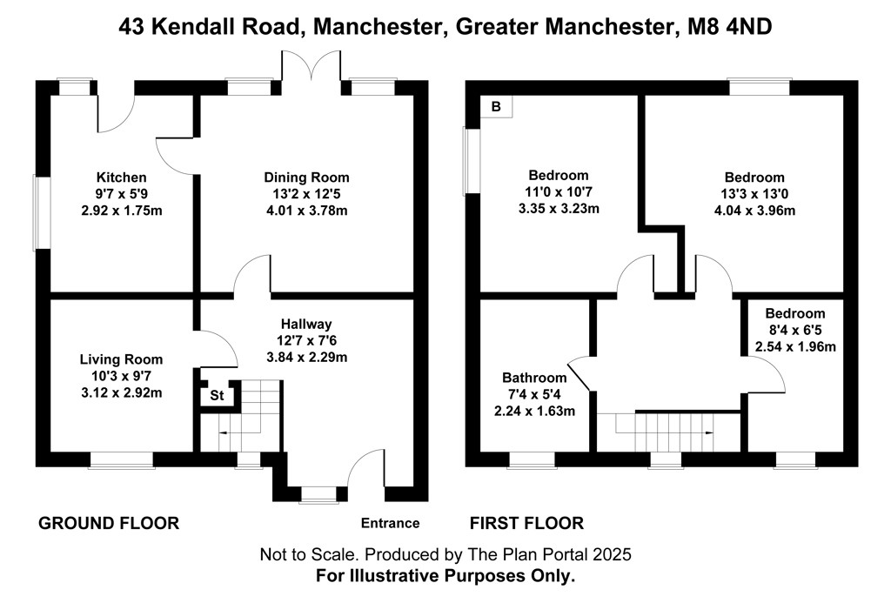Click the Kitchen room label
[x=121, y=178]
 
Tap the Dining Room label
[x=306, y=178]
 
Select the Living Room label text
[x=121, y=359]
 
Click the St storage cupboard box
[x=217, y=396]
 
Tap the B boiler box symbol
[x=497, y=107]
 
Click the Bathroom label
[x=533, y=378]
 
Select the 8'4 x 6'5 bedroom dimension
[x=795, y=331]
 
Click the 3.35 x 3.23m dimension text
[x=559, y=208]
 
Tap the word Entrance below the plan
[x=391, y=523]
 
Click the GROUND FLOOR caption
[x=109, y=523]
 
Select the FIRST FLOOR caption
[x=526, y=523]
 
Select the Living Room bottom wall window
[x=122, y=459]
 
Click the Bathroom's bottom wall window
[x=532, y=459]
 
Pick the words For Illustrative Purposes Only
[x=445, y=575]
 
